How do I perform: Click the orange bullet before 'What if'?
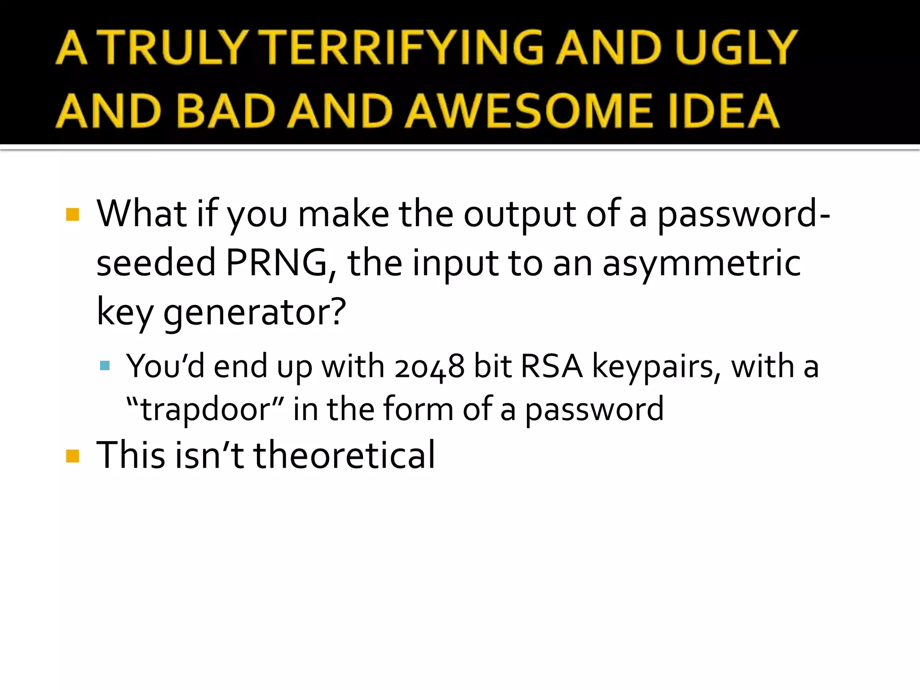click(72, 214)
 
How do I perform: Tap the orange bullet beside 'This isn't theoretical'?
click(72, 456)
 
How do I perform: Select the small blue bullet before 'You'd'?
click(105, 365)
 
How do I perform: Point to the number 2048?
click(429, 367)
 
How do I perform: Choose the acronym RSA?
click(552, 367)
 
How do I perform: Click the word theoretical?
click(344, 455)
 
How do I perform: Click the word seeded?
click(156, 263)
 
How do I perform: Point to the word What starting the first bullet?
click(142, 214)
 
